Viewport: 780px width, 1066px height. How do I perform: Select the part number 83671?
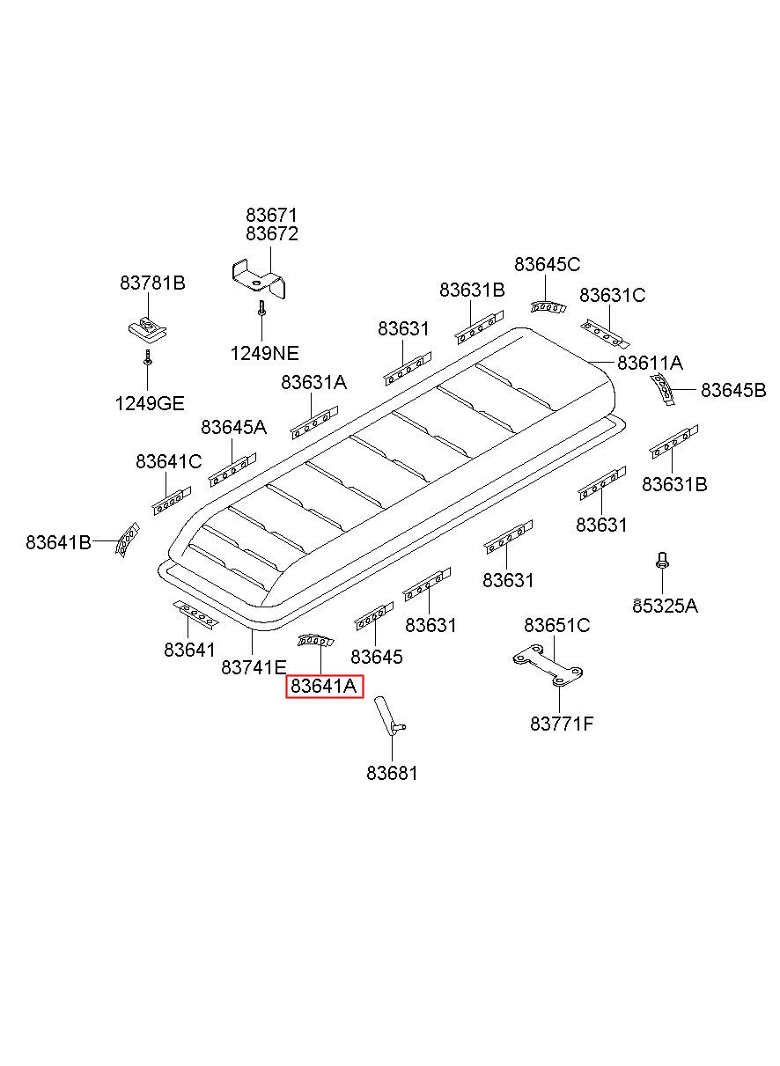(271, 215)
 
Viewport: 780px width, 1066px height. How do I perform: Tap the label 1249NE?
(264, 353)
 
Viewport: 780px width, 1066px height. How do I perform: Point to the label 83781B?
(152, 283)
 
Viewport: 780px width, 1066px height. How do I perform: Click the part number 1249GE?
(149, 403)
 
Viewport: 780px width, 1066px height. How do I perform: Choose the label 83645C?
(547, 264)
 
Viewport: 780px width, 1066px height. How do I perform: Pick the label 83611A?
(650, 362)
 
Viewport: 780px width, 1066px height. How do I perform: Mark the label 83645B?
(732, 390)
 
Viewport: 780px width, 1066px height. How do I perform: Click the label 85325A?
(665, 606)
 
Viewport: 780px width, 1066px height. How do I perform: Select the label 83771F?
(562, 724)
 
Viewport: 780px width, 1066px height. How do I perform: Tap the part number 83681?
(392, 773)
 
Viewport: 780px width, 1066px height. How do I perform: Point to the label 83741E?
(254, 667)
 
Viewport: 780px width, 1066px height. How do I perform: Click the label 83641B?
(58, 542)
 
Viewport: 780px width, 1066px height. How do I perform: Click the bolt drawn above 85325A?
(661, 561)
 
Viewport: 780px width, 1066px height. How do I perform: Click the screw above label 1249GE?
(149, 358)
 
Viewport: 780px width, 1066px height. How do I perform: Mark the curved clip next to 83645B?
(663, 387)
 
